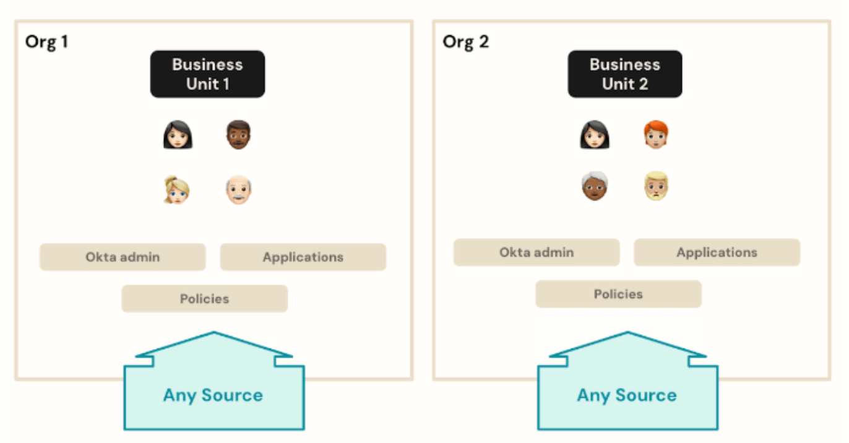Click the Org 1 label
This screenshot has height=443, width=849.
point(46,42)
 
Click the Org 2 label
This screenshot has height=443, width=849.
point(465,42)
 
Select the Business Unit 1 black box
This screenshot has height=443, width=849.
point(207,74)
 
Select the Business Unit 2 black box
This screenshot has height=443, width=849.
point(625,74)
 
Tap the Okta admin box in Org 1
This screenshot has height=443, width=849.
point(123,257)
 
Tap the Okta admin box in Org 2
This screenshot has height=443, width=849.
point(537,252)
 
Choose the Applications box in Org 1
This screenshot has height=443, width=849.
point(303,257)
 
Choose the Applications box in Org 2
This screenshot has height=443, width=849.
point(717,252)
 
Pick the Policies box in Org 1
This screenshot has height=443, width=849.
point(204,298)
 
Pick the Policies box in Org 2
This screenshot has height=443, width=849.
point(618,294)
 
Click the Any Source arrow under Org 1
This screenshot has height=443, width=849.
point(213,395)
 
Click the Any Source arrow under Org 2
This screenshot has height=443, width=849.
point(627,395)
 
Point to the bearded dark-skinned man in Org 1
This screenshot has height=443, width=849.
point(238,134)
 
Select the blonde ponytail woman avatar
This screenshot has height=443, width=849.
point(177,191)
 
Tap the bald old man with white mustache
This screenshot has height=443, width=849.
point(238,191)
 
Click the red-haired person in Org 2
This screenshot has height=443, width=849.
point(656,134)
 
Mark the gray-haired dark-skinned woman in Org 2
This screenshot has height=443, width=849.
point(595,186)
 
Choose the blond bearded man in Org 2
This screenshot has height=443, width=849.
point(656,186)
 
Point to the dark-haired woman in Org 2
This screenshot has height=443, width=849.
point(595,134)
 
